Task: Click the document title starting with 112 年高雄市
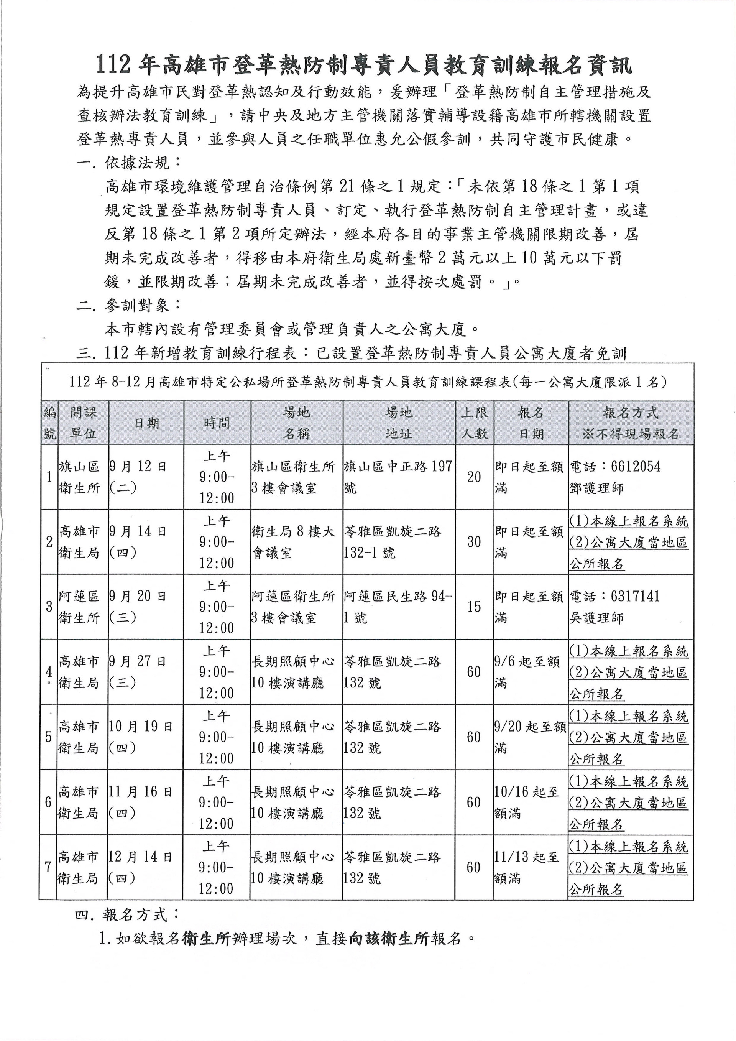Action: (363, 65)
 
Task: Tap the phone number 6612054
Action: (636, 466)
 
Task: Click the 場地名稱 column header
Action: (296, 423)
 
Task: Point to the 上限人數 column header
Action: (475, 423)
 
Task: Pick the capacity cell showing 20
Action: (474, 477)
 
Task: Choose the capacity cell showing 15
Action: (474, 607)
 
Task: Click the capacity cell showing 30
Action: (474, 542)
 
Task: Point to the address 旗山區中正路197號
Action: (398, 477)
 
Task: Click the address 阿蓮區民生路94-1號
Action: (398, 607)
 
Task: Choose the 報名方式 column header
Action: (631, 423)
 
